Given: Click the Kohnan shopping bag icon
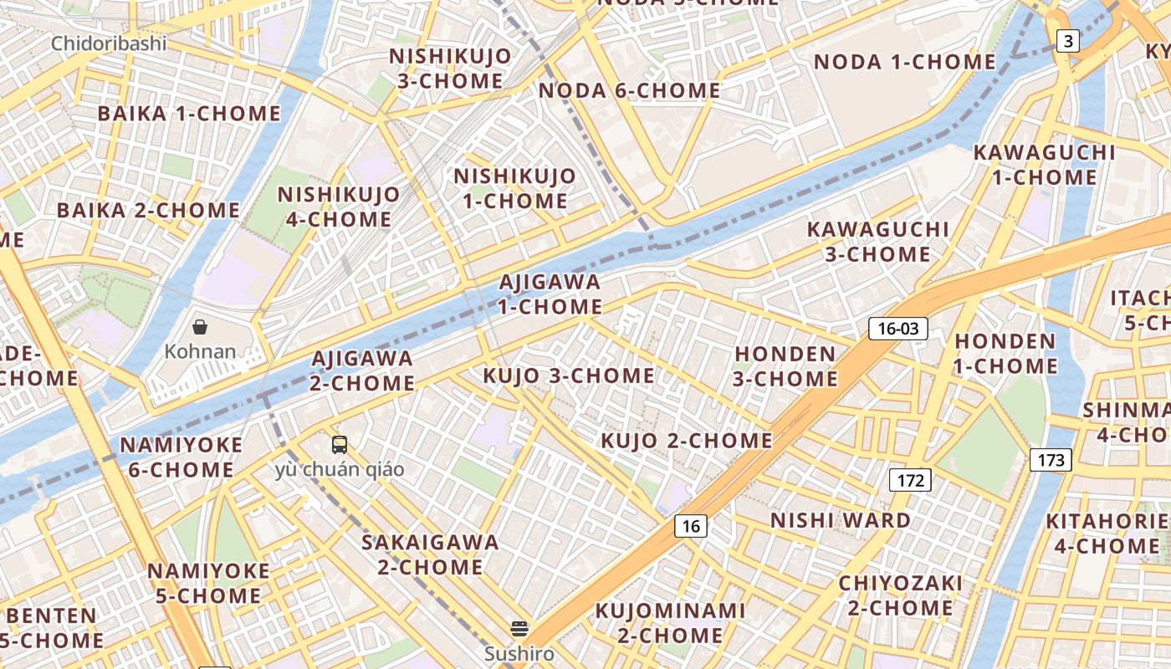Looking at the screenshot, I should pos(200,326).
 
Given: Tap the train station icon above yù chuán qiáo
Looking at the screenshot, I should pos(340,444).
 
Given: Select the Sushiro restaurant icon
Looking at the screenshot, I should pos(519,628).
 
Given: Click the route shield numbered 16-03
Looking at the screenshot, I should pos(898,329).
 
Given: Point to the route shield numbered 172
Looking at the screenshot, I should pos(909,480).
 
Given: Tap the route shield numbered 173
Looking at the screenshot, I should pos(1051,459).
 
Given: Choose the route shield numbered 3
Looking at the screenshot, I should pos(1066,40).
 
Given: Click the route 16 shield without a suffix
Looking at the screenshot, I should pos(690,525).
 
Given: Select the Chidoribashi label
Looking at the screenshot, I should pos(109,43).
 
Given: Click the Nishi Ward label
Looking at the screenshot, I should pos(841,520).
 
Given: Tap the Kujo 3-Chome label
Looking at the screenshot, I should pos(569,376).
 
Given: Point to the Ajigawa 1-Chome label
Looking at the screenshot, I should pos(550,294).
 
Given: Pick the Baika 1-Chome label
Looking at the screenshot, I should pos(189,113).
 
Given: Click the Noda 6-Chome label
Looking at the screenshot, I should pos(629,90).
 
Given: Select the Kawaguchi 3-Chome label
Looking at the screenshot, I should pos(877,241).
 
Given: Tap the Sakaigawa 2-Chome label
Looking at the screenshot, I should pos(430,554).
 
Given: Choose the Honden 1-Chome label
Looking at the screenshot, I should pos(1005,354).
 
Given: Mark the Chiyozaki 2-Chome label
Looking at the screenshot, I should pos(900,595).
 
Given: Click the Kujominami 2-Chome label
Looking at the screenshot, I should pos(670,623).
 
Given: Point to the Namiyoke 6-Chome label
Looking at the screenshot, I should pos(181,457).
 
